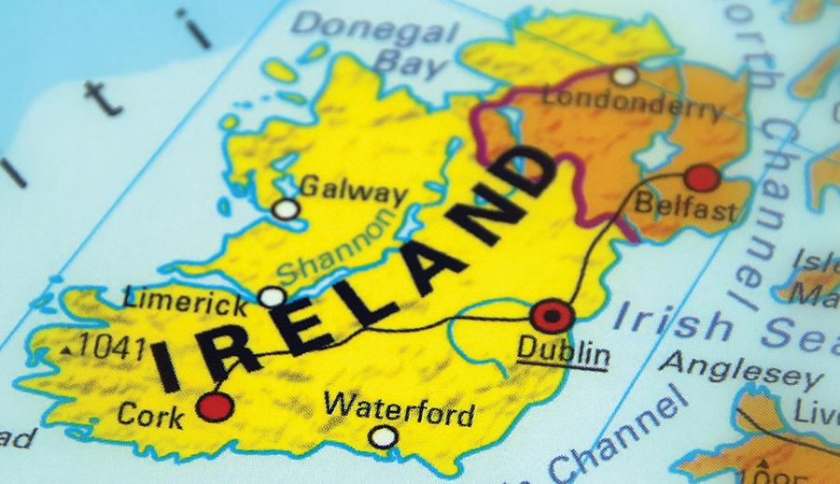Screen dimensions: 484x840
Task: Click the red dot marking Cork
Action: (x=215, y=406)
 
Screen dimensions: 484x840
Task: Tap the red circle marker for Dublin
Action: (x=552, y=316)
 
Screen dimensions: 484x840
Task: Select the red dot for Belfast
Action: (x=702, y=178)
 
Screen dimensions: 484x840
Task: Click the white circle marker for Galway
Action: (x=286, y=209)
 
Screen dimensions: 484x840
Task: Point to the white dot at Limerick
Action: (x=272, y=297)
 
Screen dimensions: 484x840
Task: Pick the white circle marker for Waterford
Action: (x=383, y=436)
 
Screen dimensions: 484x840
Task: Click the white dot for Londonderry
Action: (x=624, y=75)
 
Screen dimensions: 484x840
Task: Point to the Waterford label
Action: (x=399, y=409)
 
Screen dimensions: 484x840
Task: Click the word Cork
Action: (x=151, y=414)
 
